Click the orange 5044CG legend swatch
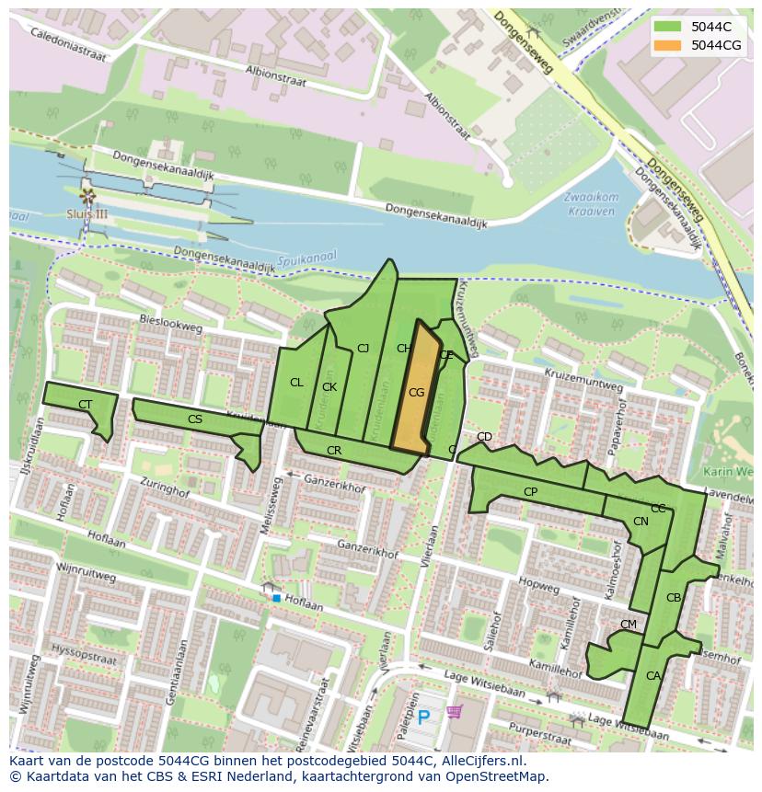tap(667, 45)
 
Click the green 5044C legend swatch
tap(667, 27)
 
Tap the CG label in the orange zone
tap(416, 393)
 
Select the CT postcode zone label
tap(85, 405)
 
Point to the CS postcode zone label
tap(195, 419)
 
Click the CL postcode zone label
tap(296, 383)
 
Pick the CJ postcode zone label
tap(363, 348)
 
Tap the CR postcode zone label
tap(334, 451)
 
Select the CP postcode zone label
tap(530, 492)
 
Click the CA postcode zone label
tap(652, 676)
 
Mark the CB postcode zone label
tap(674, 598)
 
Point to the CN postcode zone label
tap(641, 522)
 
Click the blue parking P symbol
tap(423, 717)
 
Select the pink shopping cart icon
tap(454, 712)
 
